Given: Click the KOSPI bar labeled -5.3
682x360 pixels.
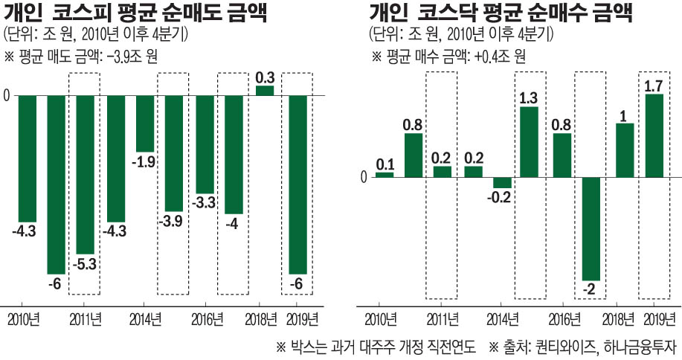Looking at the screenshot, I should pyautogui.click(x=86, y=175).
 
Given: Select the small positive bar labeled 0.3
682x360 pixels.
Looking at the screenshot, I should pyautogui.click(x=264, y=91).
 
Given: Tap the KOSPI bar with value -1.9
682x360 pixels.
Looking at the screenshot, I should pyautogui.click(x=145, y=123).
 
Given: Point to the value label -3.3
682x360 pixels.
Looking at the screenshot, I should pyautogui.click(x=205, y=202).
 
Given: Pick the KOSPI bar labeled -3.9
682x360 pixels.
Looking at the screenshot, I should pyautogui.click(x=175, y=153).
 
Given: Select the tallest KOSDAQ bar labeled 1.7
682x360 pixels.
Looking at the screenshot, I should pyautogui.click(x=654, y=135).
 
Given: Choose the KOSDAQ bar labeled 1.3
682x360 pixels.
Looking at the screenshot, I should pyautogui.click(x=529, y=142).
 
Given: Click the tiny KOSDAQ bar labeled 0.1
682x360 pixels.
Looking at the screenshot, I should pyautogui.click(x=385, y=175).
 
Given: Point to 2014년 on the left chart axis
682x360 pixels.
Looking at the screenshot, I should pyautogui.click(x=145, y=319).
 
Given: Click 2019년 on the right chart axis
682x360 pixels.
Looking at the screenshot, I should pyautogui.click(x=654, y=319).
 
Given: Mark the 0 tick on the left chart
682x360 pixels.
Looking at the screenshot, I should pyautogui.click(x=7, y=95).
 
